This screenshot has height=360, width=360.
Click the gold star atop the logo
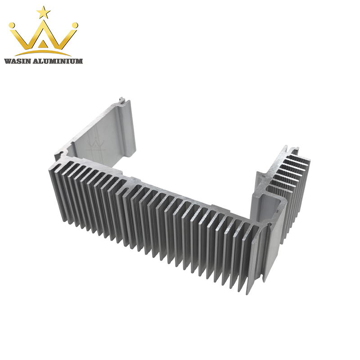tap(44, 12)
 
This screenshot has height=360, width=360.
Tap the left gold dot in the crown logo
tap(13, 26)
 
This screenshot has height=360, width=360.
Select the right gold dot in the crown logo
tap(75, 26)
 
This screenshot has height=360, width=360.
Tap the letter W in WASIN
tap(7, 61)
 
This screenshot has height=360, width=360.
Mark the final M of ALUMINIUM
tap(80, 61)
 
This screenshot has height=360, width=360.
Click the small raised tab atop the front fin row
tap(216, 208)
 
